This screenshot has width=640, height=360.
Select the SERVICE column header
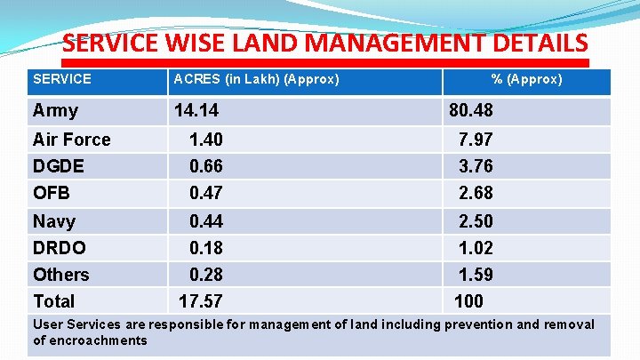[62, 79]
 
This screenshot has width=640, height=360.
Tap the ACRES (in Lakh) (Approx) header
[256, 79]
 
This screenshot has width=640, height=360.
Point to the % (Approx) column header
[527, 79]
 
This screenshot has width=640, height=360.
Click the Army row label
[55, 111]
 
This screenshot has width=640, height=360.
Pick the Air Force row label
[71, 140]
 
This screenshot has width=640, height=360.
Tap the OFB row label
[51, 193]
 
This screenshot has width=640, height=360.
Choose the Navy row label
[54, 221]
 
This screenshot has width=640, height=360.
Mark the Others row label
[60, 275]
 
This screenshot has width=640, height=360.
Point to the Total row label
[53, 301]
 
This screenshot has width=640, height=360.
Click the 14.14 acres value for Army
[196, 111]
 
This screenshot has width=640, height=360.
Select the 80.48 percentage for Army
[471, 111]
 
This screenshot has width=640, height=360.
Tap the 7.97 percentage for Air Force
[475, 140]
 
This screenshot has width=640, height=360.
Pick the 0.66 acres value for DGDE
[205, 166]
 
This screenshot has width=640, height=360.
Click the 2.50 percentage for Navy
[475, 221]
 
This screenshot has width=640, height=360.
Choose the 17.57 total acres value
[201, 301]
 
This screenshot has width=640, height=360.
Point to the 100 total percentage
[469, 301]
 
